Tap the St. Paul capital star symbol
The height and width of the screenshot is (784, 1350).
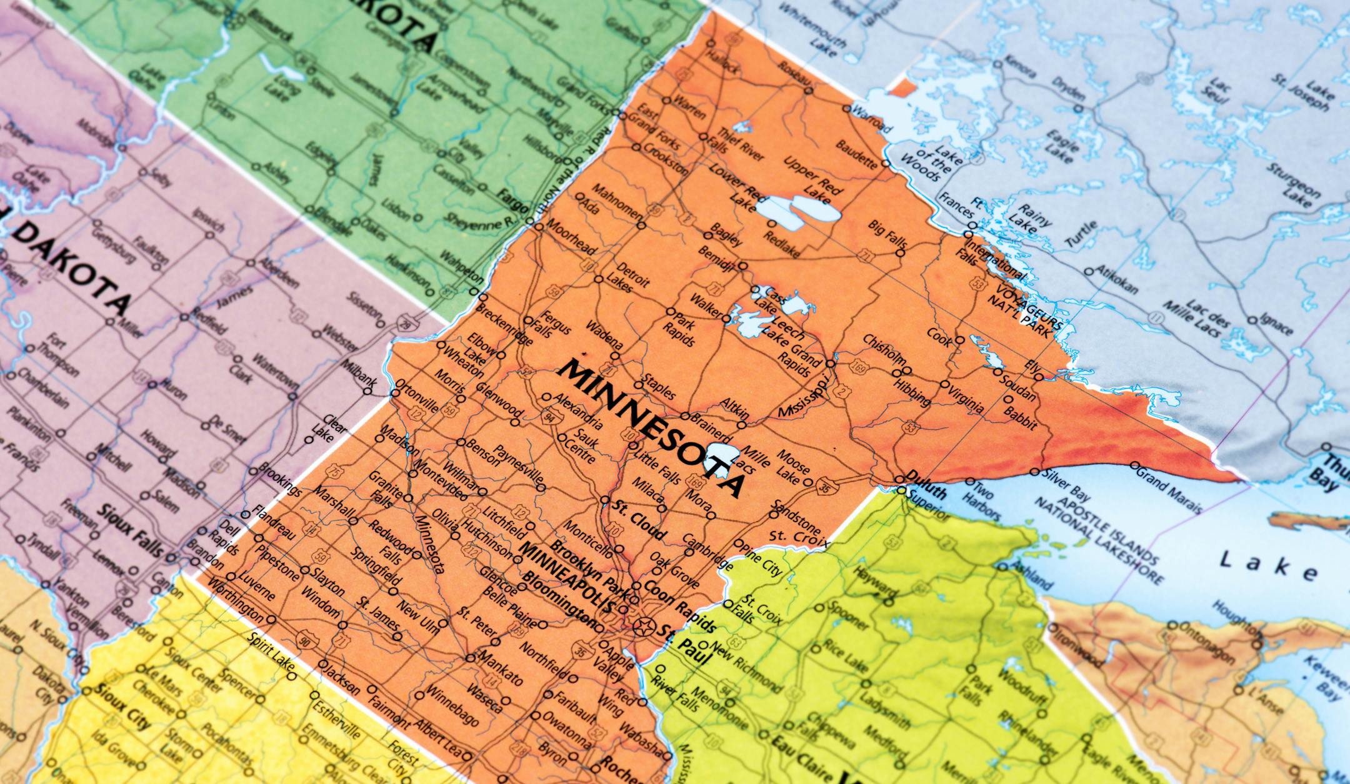coord(643,624)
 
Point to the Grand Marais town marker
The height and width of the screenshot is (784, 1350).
coord(1134,465)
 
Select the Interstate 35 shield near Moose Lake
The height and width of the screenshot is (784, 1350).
coord(824,488)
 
